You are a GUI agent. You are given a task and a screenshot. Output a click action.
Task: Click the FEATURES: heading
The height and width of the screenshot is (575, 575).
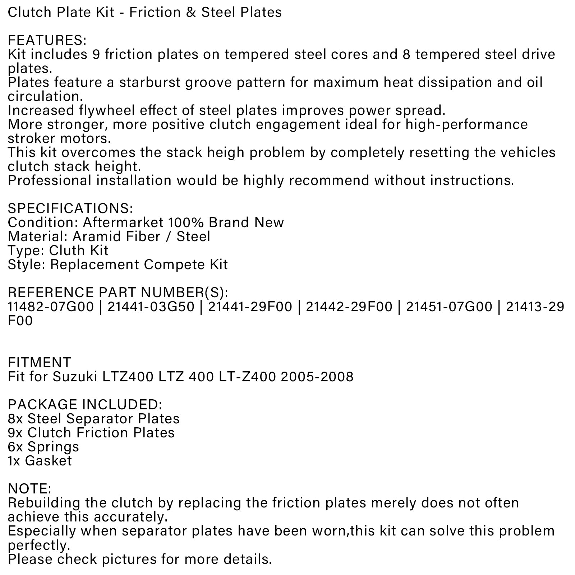click(x=47, y=40)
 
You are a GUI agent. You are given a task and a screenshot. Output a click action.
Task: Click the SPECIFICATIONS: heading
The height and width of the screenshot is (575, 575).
click(x=70, y=208)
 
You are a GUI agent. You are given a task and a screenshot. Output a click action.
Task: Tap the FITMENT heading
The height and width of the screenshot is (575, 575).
click(x=39, y=363)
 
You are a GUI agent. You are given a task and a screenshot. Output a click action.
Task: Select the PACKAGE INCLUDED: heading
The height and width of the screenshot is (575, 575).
click(x=85, y=405)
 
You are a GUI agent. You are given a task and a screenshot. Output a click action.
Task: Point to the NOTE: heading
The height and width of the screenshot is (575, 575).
click(x=29, y=489)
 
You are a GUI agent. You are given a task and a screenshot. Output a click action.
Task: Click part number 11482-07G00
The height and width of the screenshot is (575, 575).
click(x=51, y=307)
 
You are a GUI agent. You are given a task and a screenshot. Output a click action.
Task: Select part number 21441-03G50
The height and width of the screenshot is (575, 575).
click(x=151, y=307)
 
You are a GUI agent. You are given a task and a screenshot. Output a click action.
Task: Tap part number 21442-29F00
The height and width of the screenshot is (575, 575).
click(x=349, y=307)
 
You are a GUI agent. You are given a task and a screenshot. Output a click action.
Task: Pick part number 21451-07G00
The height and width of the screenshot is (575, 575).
click(x=449, y=307)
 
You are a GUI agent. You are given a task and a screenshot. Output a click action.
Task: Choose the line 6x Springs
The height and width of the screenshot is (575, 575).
click(x=43, y=447)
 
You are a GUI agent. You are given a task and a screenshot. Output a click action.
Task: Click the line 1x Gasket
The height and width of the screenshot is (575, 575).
click(x=40, y=461)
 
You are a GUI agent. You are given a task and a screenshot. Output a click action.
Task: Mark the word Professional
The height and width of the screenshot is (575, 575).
click(x=50, y=180)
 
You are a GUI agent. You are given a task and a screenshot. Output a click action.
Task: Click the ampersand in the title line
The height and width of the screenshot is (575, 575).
click(x=192, y=13)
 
